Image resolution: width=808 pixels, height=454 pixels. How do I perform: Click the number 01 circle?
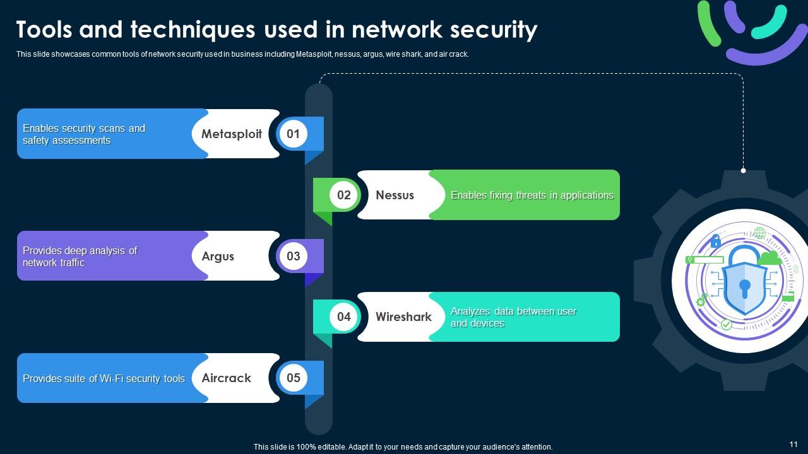[x=293, y=134]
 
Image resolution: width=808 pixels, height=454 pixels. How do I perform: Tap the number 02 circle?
[x=343, y=195]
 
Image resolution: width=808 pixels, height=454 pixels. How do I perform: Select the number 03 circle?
[x=293, y=256]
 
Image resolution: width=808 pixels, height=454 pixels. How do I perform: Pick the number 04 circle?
[x=343, y=317]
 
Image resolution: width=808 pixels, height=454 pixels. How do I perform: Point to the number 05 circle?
[x=293, y=378]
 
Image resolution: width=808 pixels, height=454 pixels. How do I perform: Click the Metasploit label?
[x=231, y=134]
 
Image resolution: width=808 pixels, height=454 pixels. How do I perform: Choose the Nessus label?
[x=395, y=195]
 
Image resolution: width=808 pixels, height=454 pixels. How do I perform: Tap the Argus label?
[x=218, y=256]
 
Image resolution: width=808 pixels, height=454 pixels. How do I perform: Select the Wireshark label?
[x=403, y=317]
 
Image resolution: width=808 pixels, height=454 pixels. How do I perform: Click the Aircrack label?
[x=226, y=378]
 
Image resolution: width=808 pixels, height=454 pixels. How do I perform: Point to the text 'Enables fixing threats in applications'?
[x=532, y=195]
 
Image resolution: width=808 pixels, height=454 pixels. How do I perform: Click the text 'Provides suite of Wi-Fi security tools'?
[x=104, y=378]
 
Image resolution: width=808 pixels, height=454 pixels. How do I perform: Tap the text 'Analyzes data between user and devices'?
[x=513, y=317]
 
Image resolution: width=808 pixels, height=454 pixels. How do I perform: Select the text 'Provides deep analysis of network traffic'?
[x=80, y=257]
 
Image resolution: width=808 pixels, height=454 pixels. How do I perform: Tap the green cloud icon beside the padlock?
[x=769, y=257]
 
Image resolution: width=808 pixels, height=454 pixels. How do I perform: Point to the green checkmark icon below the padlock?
[x=727, y=324]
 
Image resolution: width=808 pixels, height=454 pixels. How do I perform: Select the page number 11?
[x=793, y=445]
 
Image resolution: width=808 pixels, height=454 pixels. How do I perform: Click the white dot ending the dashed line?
[x=743, y=170]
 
